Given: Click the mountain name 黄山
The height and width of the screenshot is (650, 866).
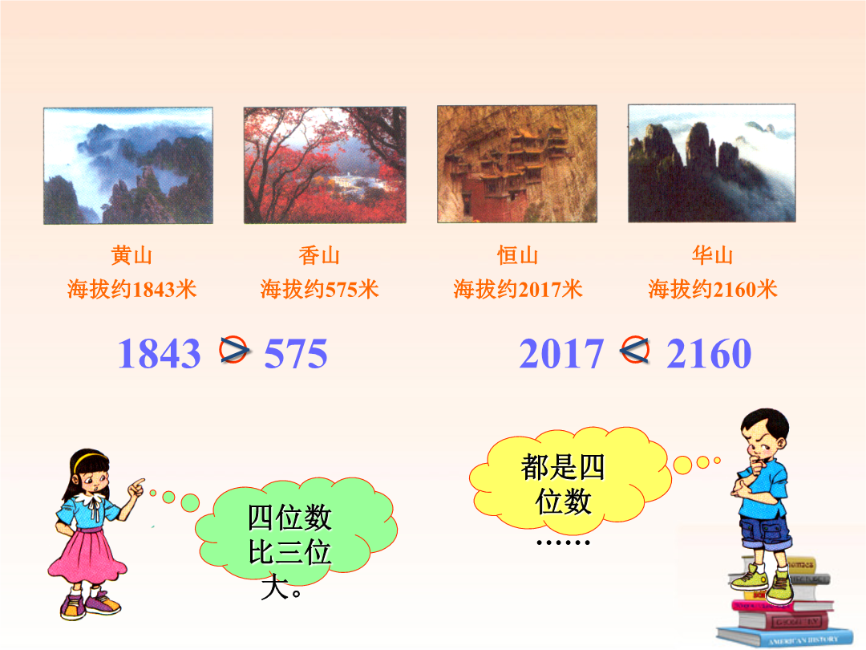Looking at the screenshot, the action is coord(132,255).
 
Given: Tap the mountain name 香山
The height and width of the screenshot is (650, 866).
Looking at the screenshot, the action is coord(319,255).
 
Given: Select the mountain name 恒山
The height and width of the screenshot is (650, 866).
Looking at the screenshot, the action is coord(517,255).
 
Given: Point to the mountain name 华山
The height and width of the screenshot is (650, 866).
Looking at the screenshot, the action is coord(713,255).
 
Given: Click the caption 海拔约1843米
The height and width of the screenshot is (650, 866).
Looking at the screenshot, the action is coord(132,289).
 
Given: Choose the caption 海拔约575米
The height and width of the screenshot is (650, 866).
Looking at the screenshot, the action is coord(319,289).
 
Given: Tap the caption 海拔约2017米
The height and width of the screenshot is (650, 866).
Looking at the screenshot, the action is coord(517,289).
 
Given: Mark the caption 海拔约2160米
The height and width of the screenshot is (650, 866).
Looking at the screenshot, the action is coord(713,289).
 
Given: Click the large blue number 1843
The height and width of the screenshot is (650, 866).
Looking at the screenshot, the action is coord(159,353).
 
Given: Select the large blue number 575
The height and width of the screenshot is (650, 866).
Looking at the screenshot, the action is coord(296,353).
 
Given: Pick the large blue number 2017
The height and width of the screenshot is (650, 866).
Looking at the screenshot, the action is coord(561,353).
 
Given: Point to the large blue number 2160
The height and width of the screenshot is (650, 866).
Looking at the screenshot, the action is coord(709,353).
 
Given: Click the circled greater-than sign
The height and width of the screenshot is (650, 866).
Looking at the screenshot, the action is coord(233,349).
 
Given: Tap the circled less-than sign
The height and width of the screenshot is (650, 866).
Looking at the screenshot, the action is coord(634,349).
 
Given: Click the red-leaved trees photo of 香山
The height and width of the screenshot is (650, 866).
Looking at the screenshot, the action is coord(325,165).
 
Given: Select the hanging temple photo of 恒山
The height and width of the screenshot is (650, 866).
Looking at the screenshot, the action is coord(517,165).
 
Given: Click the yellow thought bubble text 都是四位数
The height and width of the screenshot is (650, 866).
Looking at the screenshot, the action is coord(563,484).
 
